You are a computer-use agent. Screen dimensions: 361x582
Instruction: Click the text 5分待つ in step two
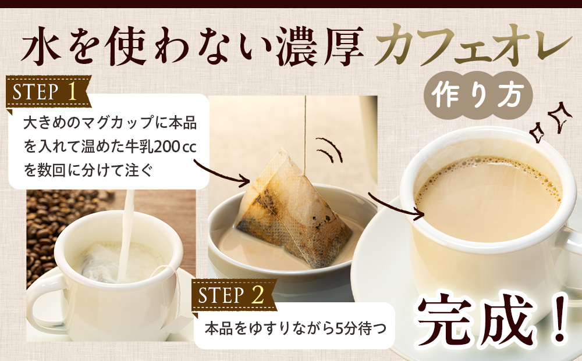click(361, 328)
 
